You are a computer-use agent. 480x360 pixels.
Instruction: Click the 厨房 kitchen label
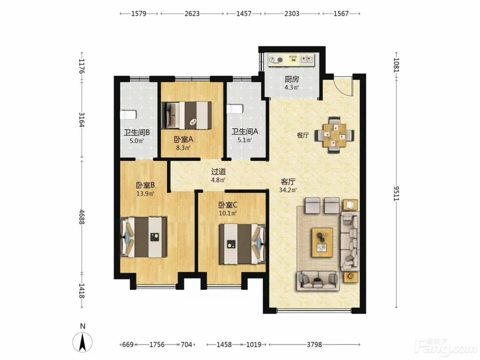point(292,79)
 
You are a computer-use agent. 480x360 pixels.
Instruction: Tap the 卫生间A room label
point(245,132)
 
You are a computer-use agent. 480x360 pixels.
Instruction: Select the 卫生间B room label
point(137,132)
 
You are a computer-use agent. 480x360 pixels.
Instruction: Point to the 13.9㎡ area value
point(145,194)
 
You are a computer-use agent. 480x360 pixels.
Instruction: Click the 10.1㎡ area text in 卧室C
point(228,213)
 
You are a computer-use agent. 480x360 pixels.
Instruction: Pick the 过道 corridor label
point(218,172)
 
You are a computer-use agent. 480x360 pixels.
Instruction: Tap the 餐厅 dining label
point(303,135)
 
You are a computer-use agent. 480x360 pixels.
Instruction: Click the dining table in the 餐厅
point(335,135)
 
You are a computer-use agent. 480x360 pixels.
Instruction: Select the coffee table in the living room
point(323,242)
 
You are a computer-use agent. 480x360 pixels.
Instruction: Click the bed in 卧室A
point(187,115)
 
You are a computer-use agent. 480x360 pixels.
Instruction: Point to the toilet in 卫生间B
point(128,115)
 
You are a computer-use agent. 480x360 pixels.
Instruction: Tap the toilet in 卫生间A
point(235,109)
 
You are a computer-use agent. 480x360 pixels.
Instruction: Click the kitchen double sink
point(307,59)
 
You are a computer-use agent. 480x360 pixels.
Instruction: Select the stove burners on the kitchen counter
point(276,60)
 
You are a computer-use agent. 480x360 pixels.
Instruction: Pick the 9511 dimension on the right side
point(396,194)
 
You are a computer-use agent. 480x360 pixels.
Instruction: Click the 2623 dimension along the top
point(192,14)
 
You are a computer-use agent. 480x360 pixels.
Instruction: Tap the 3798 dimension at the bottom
point(314,345)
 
